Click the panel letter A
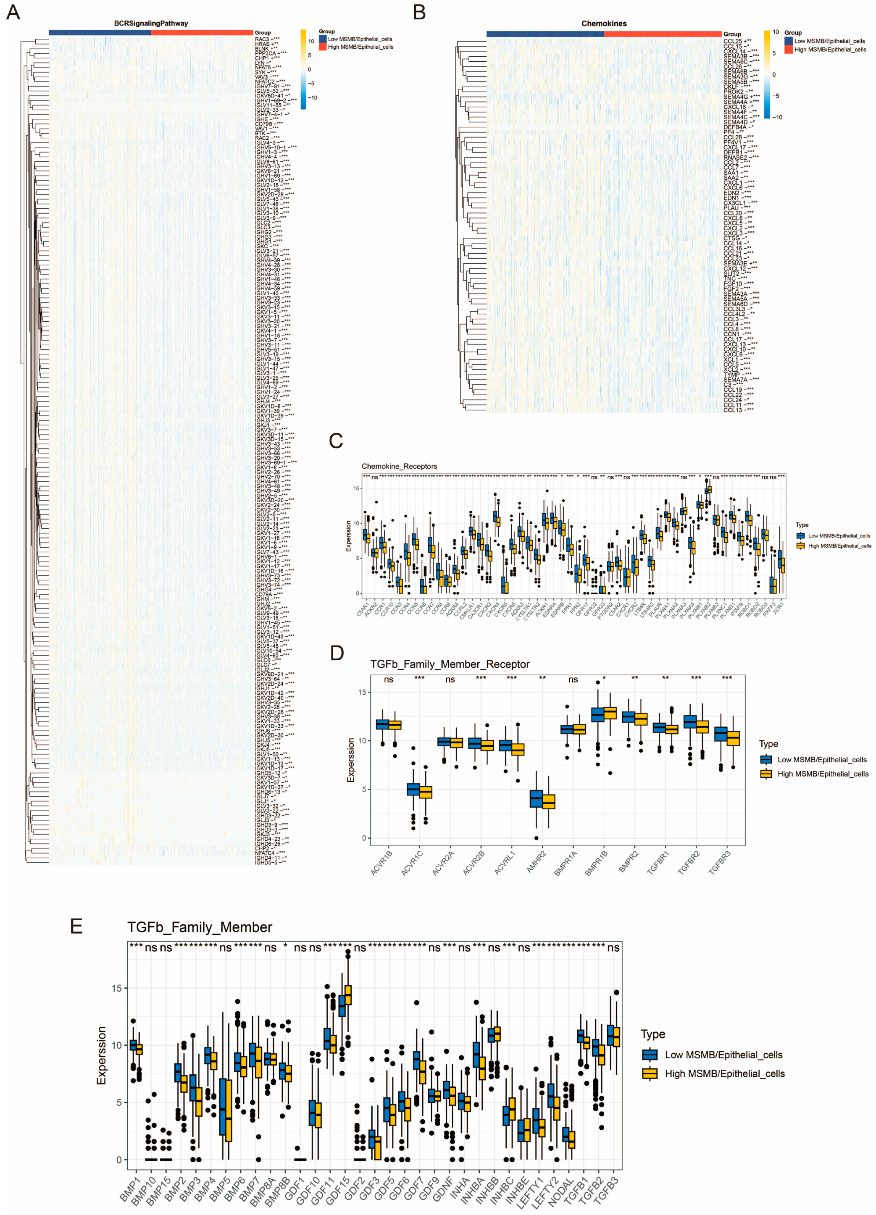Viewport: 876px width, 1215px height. (13, 12)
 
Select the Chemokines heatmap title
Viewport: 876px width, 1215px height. (604, 24)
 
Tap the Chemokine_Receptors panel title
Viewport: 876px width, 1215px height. (399, 466)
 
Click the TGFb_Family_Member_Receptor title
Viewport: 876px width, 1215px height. (450, 664)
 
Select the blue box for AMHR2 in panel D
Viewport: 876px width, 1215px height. (536, 798)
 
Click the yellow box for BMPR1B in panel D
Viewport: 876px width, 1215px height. (610, 713)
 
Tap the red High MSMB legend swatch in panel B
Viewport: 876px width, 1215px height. (788, 49)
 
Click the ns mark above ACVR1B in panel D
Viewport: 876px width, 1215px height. (389, 679)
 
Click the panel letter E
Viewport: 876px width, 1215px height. (76, 926)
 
